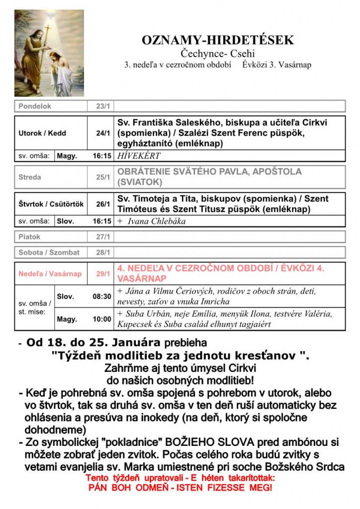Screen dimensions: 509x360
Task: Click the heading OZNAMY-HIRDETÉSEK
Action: [218, 40]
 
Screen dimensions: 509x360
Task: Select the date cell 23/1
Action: [102, 106]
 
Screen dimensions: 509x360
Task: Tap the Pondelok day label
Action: [35, 106]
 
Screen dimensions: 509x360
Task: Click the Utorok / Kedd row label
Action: [42, 133]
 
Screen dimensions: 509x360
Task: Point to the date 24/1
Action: [103, 133]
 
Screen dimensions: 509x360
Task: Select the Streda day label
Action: [30, 177]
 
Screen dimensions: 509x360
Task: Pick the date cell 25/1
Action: [103, 177]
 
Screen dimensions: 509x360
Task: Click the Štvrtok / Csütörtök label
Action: [51, 204]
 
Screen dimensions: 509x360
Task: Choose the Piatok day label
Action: [29, 237]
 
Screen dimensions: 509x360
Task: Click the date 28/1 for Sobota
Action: [103, 253]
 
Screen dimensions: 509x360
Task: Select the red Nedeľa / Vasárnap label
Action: [50, 274]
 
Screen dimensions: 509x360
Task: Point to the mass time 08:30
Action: [102, 296]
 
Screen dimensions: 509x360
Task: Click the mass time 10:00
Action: [102, 319]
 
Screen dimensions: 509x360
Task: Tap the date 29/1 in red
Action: [103, 274]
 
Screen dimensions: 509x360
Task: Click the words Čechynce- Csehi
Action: [218, 54]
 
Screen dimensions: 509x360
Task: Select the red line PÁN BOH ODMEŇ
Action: [180, 488]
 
